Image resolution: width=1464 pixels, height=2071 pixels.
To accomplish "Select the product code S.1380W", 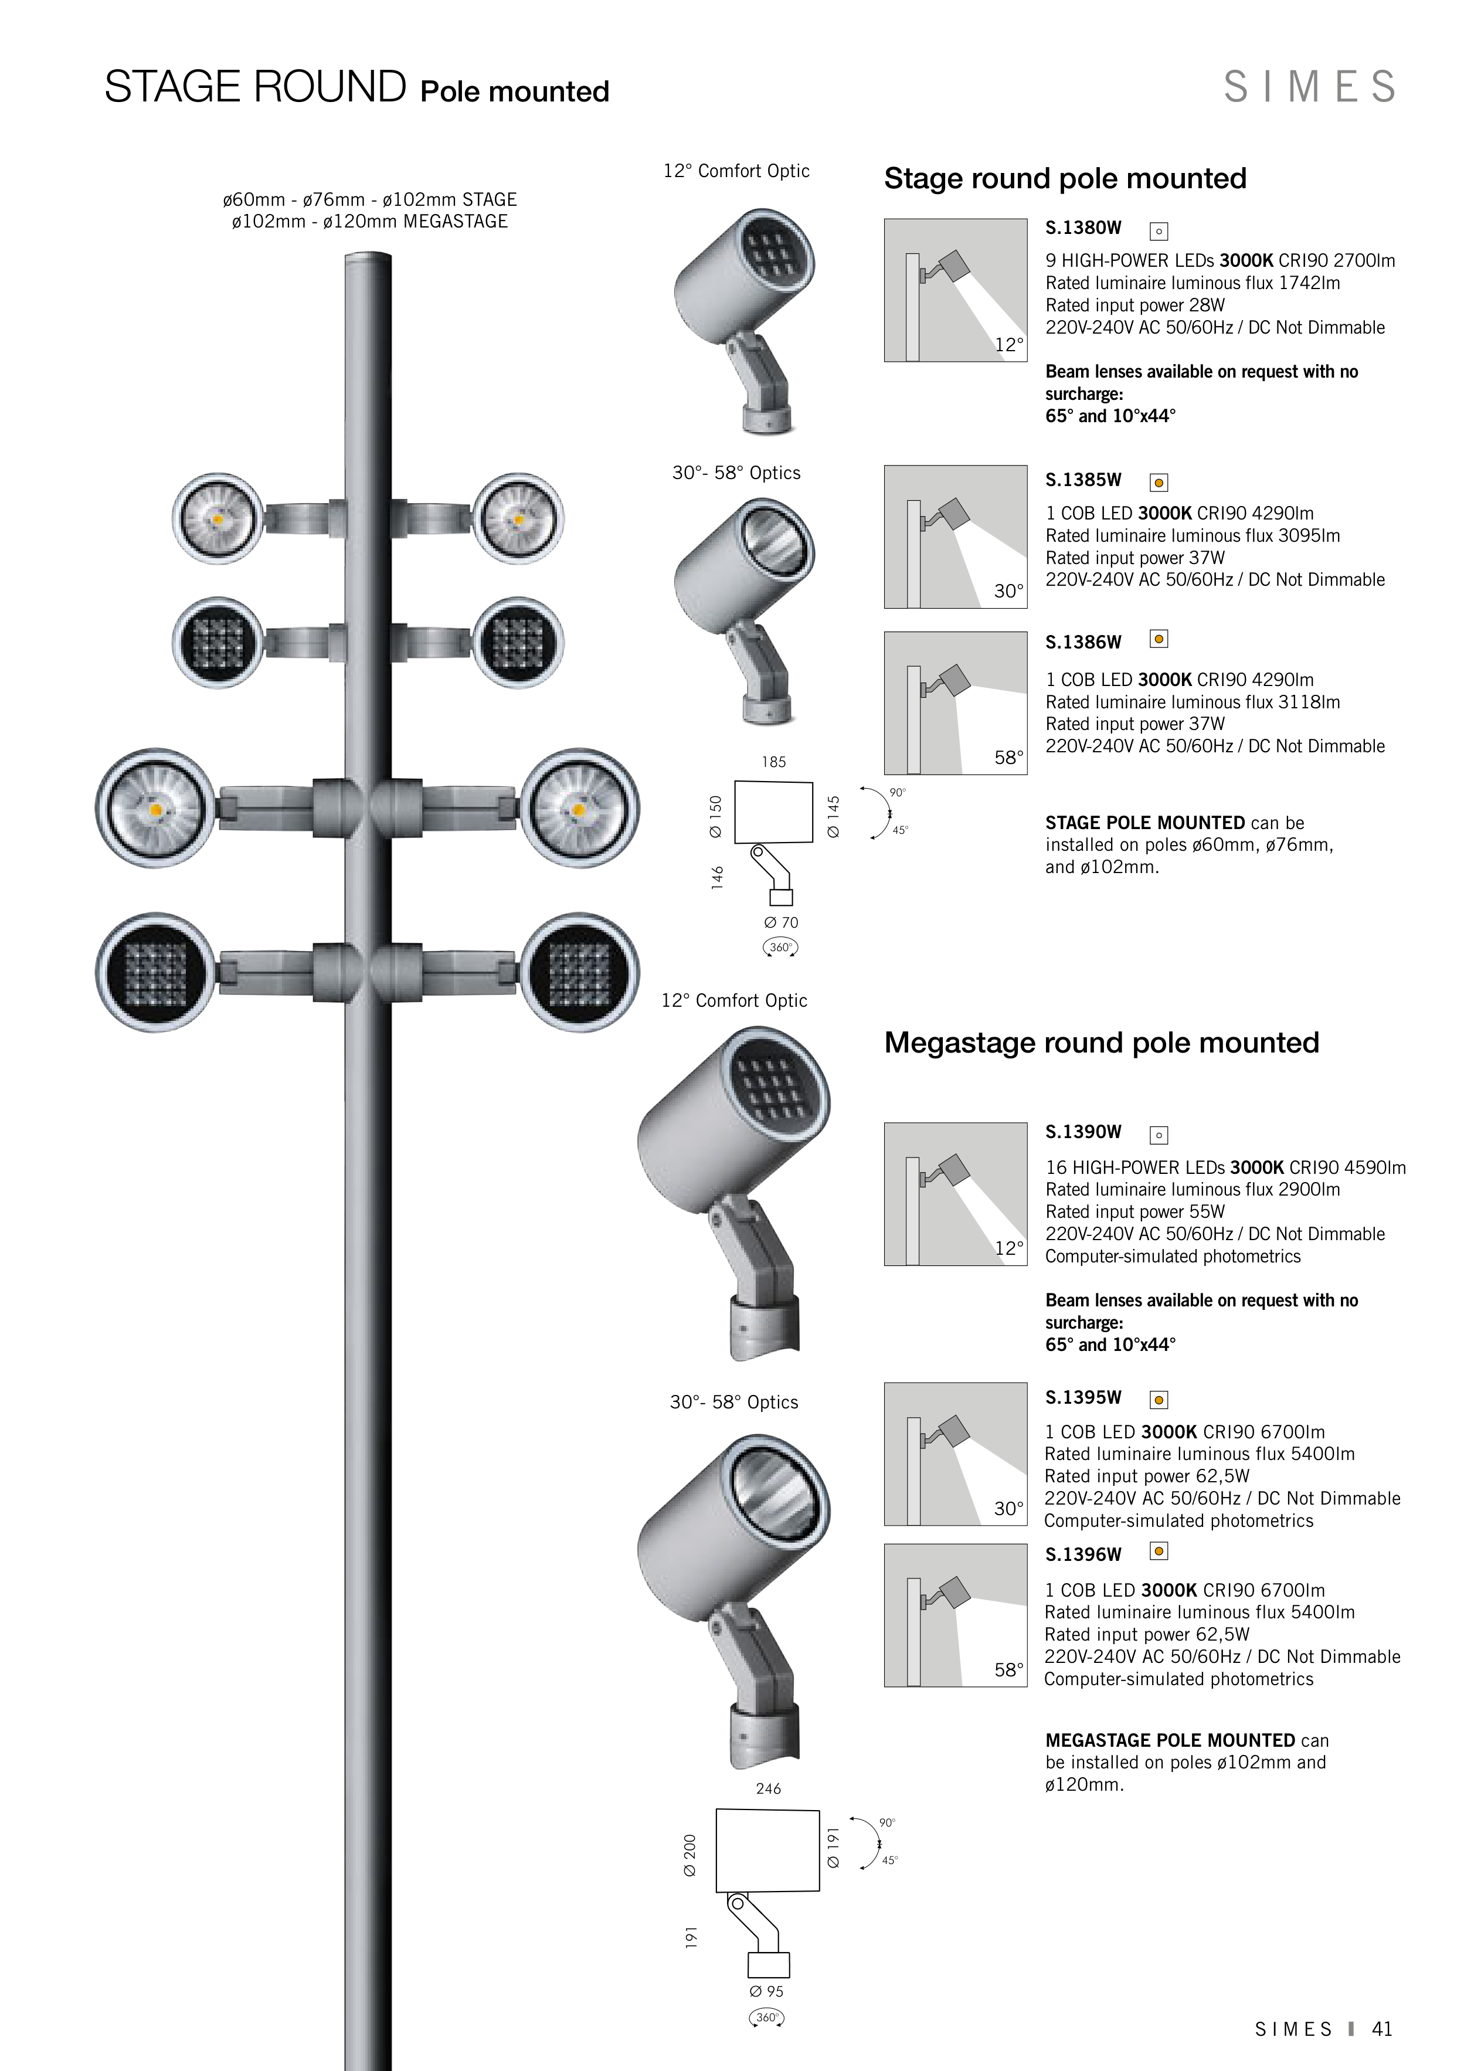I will tap(1082, 228).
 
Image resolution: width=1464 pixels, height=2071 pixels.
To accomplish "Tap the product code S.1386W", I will tap(1082, 642).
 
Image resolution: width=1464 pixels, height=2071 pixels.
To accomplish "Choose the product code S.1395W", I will tap(1082, 1397).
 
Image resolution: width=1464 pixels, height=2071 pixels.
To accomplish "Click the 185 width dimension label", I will tap(773, 762).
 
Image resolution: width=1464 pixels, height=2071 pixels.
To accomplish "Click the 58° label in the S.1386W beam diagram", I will tap(1008, 758).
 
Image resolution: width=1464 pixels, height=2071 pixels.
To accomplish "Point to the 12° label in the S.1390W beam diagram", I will tap(1008, 1248).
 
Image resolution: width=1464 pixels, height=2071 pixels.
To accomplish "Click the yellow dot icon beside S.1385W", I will tap(1159, 483).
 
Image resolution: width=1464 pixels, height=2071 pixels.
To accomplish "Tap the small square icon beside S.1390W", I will tap(1159, 1136).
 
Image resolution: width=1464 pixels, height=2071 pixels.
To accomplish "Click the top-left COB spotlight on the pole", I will tap(218, 519).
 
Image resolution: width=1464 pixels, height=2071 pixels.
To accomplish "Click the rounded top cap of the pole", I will tap(368, 259).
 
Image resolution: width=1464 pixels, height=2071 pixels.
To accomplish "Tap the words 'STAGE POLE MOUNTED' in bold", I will tap(1144, 823).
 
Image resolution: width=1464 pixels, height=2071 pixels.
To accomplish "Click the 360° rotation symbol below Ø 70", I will tap(780, 947).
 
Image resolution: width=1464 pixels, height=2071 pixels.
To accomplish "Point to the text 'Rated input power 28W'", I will tap(1134, 305).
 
